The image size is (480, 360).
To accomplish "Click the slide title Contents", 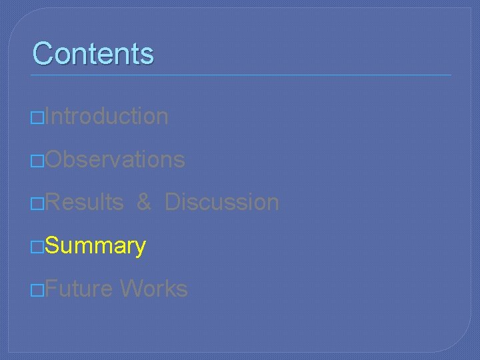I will click(93, 53).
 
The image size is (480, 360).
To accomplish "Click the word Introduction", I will click(107, 116).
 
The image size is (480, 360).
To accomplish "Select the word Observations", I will click(116, 159).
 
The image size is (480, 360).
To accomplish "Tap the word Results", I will click(85, 202).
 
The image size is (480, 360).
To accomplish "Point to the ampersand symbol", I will click(144, 202).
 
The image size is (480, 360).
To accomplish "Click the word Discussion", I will click(221, 202).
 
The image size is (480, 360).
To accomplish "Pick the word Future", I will click(79, 289).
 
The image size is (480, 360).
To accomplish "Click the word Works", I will click(153, 289).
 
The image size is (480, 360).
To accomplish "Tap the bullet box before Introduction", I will click(38, 117).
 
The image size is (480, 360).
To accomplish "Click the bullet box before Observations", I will click(38, 161).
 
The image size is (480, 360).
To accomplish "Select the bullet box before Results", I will click(38, 203).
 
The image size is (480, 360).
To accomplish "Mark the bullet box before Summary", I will click(38, 247).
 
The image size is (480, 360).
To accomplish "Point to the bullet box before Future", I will click(38, 291).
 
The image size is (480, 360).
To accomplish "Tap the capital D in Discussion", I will click(171, 202).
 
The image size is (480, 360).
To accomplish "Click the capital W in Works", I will click(131, 289).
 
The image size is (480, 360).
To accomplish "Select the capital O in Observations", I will click(55, 159).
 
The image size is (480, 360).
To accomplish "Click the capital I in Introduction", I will click(48, 116).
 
